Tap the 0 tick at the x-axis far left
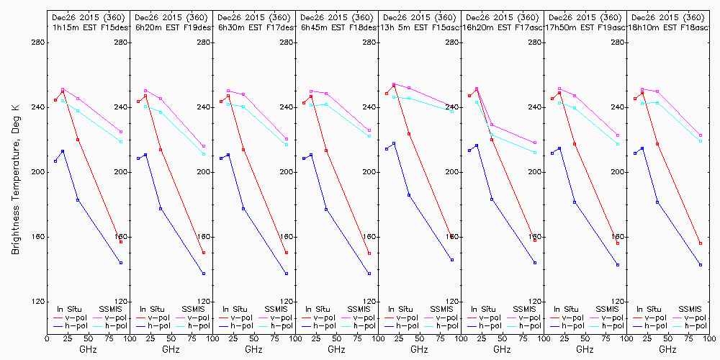[47, 336]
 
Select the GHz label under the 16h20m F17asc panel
[502, 349]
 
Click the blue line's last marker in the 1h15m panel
[121, 263]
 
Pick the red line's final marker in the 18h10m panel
[701, 243]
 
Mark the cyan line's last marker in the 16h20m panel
[535, 153]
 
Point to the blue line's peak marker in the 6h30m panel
[228, 155]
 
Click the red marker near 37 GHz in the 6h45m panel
[326, 150]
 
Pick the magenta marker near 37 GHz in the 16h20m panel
[492, 125]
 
